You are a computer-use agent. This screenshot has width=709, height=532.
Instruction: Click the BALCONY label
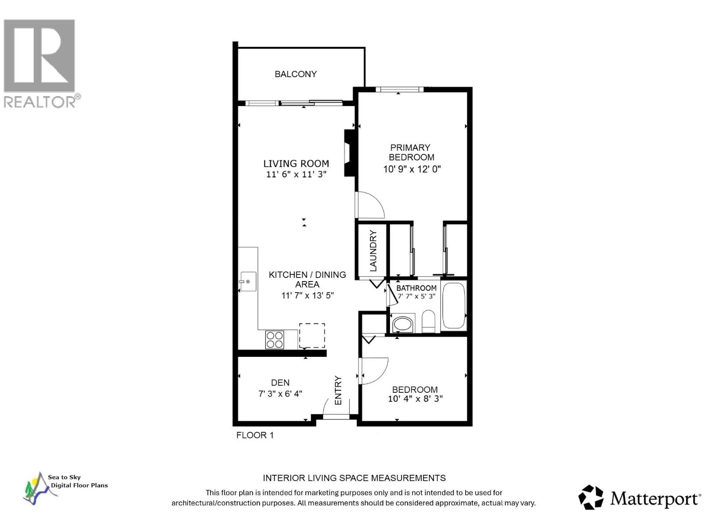pos(296,74)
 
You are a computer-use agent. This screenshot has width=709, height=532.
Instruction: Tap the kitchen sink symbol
pos(248,282)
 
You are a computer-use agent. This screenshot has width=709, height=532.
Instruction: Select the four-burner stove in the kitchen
pos(275,340)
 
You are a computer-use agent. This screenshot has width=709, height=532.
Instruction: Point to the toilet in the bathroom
pos(429,321)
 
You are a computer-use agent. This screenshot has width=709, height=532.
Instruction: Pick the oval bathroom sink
pos(403,324)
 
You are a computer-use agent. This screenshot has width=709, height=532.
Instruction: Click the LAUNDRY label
pos(373,251)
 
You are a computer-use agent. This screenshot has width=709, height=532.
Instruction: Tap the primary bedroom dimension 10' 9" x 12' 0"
pos(412,169)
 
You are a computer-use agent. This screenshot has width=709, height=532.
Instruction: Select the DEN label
pos(280,383)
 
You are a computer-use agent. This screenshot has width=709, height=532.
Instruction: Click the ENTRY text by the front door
pos(338,390)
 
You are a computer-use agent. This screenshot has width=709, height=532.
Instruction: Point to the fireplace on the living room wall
pos(350,153)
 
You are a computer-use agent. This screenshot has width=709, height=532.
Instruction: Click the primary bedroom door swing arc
pos(371,205)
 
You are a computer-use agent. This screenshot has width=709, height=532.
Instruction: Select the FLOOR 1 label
pos(255,435)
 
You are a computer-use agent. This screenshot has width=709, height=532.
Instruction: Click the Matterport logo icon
pos(591,497)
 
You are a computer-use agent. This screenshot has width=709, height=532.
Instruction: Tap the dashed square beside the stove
pos(312,336)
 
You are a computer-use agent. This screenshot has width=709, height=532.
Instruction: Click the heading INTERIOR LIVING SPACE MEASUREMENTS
pos(354,478)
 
